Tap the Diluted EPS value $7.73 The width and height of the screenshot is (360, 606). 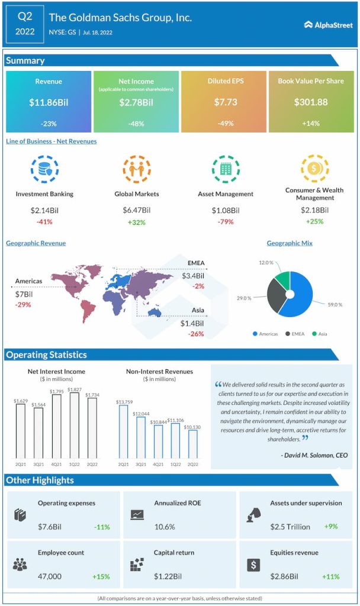[x=225, y=102]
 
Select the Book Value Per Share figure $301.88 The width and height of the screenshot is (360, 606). [x=310, y=102]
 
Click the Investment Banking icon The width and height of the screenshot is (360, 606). [x=44, y=169]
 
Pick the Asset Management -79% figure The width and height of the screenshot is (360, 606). [x=225, y=222]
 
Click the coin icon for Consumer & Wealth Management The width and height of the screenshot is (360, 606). [x=314, y=168]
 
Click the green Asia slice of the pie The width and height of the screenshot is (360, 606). [x=282, y=280]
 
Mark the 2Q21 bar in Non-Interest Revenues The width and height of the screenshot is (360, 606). [x=123, y=432]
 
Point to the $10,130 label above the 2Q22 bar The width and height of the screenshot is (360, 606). [x=192, y=427]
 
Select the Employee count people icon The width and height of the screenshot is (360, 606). [x=20, y=563]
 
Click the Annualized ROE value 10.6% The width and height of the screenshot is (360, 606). [x=166, y=527]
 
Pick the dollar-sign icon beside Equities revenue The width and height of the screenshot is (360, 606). [x=253, y=564]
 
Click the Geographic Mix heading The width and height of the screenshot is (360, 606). [x=290, y=243]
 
